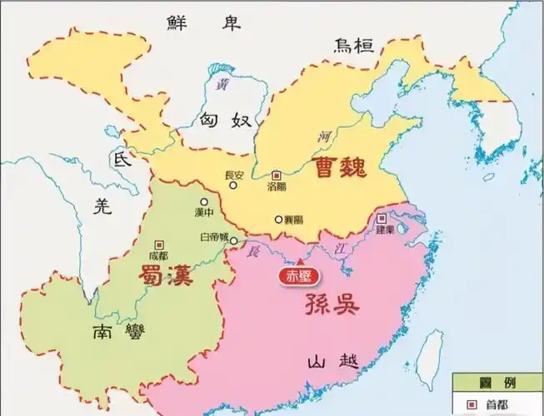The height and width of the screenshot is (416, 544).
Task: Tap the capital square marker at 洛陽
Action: [277, 176]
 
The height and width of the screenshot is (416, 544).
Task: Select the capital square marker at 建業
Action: [382, 218]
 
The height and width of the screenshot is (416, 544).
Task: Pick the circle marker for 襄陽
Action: [279, 220]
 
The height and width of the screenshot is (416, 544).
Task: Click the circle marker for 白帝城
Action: [234, 241]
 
